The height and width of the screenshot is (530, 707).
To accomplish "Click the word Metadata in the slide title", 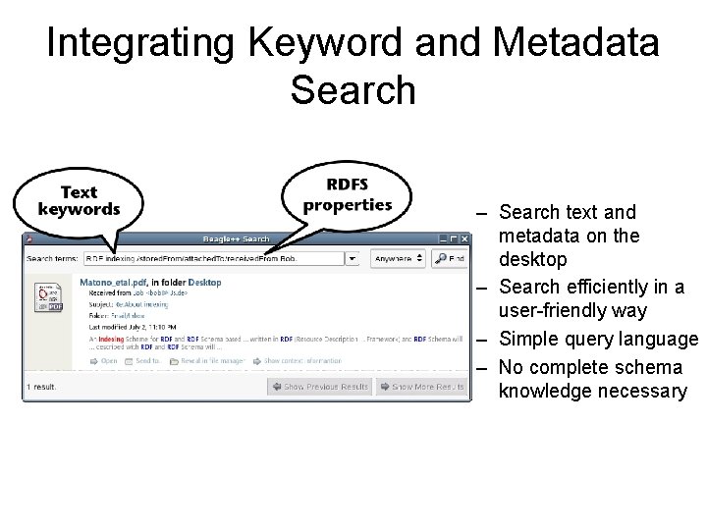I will pos(577,43).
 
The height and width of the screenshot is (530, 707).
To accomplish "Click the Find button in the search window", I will pos(451,258).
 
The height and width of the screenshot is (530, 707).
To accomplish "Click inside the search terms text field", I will pos(211,259).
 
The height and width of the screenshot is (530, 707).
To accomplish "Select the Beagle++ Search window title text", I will pos(236,238).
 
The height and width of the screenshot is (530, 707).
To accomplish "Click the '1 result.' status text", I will pos(44,387).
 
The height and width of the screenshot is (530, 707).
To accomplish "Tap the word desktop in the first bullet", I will pos(532,260).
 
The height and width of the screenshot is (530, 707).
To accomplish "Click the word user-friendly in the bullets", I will pos(544,311).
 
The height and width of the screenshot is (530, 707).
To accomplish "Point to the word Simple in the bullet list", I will pos(529,340).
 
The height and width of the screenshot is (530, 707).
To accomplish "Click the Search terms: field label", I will pos(53,259).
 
